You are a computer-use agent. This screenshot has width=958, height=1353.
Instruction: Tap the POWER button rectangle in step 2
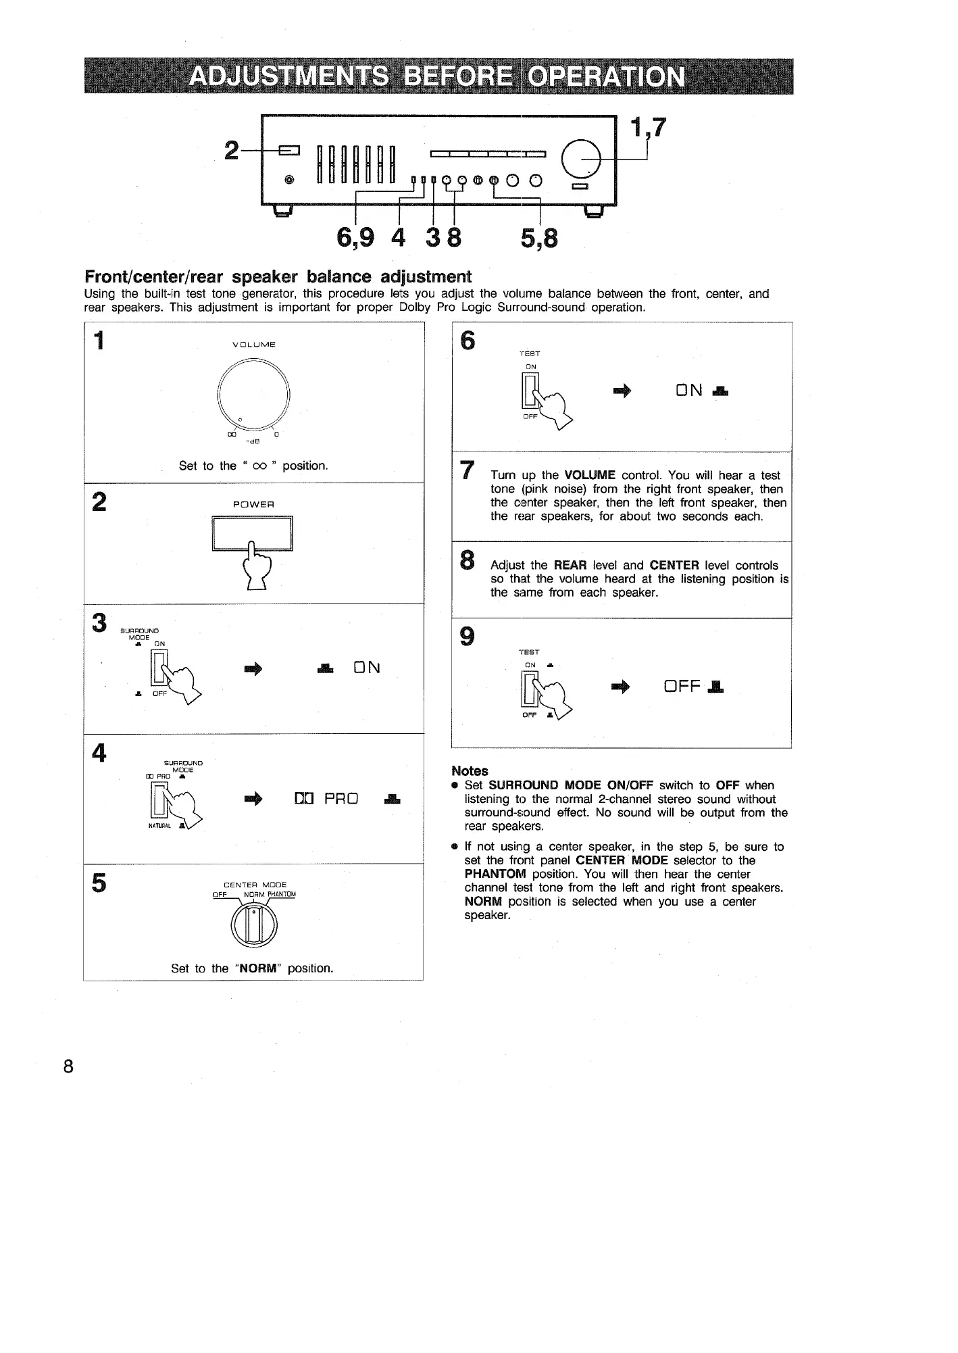pos(252,534)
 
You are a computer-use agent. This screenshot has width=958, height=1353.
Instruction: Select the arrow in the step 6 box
pos(620,391)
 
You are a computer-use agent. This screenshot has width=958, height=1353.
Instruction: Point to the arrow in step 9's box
pos(620,687)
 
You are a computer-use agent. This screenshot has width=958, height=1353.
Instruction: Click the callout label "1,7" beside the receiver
pos(647,127)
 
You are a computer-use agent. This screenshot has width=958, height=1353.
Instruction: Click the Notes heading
pos(470,770)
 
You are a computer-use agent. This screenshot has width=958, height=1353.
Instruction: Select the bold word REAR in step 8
pos(569,565)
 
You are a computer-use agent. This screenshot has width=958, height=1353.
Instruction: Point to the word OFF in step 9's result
pos(682,687)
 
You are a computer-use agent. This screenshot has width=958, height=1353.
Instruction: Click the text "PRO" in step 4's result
pos(341,799)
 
